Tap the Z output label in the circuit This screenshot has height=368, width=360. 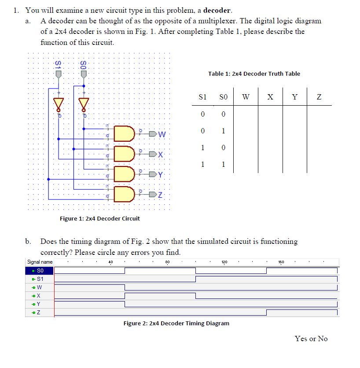click(161, 195)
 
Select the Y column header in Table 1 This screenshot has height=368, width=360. click(295, 97)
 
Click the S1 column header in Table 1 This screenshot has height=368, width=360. click(202, 97)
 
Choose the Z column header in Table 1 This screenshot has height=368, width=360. click(320, 97)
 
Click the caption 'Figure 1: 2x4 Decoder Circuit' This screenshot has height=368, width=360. click(100, 218)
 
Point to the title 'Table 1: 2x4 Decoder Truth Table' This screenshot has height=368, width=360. click(254, 74)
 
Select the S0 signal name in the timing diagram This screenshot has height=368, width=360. click(40, 271)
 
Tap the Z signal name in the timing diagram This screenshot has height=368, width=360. click(38, 313)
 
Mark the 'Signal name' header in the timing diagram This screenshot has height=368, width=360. click(40, 262)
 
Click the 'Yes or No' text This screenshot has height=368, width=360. click(311, 339)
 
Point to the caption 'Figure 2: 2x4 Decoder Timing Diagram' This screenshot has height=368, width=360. click(176, 323)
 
